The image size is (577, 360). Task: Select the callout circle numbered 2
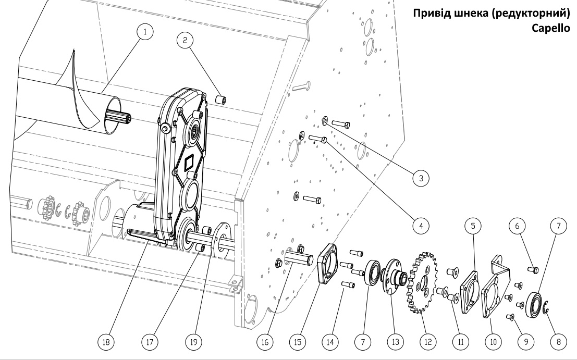pyautogui.click(x=185, y=40)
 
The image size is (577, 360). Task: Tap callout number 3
pyautogui.click(x=421, y=178)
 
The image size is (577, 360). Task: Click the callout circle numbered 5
pyautogui.click(x=473, y=226)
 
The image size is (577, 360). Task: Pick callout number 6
pyautogui.click(x=518, y=226)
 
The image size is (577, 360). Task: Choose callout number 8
pyautogui.click(x=559, y=342)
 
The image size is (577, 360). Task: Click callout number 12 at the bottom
pyautogui.click(x=428, y=342)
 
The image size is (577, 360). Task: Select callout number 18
pyautogui.click(x=106, y=342)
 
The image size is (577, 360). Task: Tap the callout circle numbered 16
pyautogui.click(x=265, y=342)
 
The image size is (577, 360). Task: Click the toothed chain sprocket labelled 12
pyautogui.click(x=422, y=282)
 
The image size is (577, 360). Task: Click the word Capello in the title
pyautogui.click(x=551, y=28)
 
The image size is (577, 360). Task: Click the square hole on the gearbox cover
pyautogui.click(x=191, y=162)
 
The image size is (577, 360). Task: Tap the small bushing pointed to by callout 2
pyautogui.click(x=221, y=100)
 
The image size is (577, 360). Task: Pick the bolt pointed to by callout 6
pyautogui.click(x=533, y=269)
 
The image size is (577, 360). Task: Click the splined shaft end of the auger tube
pyautogui.click(x=118, y=117)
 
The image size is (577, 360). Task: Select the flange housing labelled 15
pyautogui.click(x=327, y=263)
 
